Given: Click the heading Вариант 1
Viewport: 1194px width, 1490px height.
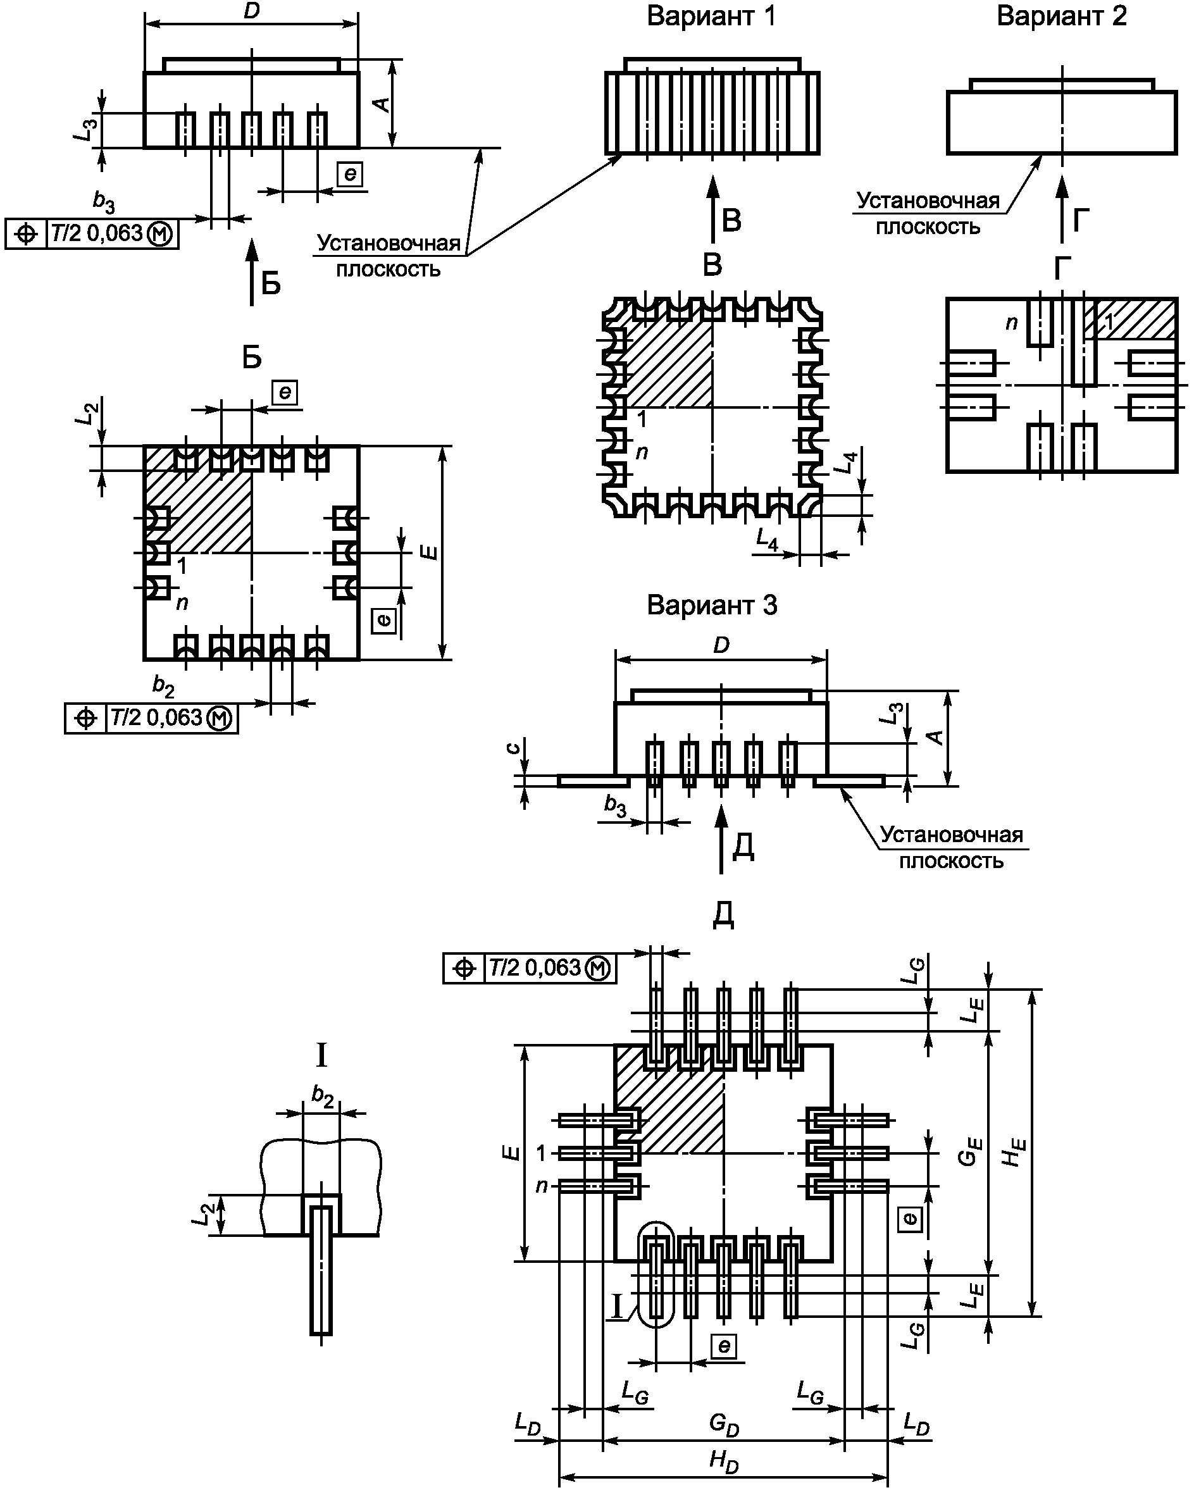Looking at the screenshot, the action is click(711, 16).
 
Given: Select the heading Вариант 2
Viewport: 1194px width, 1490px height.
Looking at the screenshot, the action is click(1061, 16).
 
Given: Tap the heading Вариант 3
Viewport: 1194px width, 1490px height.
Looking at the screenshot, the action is click(712, 605).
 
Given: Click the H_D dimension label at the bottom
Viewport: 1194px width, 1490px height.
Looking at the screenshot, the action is click(724, 1461).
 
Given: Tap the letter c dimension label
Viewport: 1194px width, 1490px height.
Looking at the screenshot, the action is click(512, 748).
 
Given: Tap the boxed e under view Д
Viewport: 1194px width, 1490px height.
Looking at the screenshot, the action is click(723, 1346).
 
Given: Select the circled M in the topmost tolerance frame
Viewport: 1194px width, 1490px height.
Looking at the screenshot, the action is click(160, 234).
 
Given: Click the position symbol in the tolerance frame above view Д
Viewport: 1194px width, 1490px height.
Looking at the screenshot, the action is click(464, 968).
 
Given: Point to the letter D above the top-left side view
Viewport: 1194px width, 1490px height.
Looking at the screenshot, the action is click(251, 12).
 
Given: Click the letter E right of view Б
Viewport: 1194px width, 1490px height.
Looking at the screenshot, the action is click(430, 552).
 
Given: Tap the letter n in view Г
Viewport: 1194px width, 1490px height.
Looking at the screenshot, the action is click(1012, 323).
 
